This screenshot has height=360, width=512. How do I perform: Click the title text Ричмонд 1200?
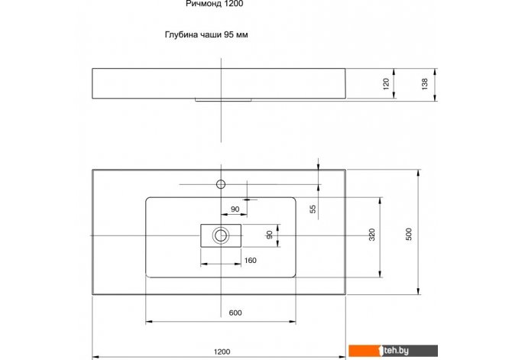(x=214, y=4)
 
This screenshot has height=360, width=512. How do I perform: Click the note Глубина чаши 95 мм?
(x=206, y=34)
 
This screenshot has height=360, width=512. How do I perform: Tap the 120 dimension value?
(x=386, y=83)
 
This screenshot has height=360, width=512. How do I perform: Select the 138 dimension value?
(x=424, y=84)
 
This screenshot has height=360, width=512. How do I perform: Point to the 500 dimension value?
(x=409, y=234)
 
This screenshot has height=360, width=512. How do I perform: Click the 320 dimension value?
(x=372, y=235)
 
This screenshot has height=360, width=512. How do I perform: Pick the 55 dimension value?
(x=313, y=209)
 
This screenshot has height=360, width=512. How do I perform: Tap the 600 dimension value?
(x=235, y=313)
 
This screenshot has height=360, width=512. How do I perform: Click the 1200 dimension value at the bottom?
(x=222, y=352)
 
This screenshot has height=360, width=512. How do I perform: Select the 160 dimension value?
(x=250, y=261)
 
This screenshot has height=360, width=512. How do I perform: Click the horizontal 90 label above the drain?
(x=235, y=209)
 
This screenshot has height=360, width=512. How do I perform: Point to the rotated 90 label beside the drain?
(x=270, y=235)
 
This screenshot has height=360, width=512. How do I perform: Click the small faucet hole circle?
(x=221, y=184)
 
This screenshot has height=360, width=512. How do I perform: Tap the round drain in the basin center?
(x=221, y=235)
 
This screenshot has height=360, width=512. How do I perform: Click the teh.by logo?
(x=393, y=351)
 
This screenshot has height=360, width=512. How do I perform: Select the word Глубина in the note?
(x=181, y=34)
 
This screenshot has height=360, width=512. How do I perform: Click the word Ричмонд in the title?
(x=205, y=4)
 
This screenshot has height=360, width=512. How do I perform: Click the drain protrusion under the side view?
(x=223, y=100)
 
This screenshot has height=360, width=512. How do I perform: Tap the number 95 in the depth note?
(x=228, y=34)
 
